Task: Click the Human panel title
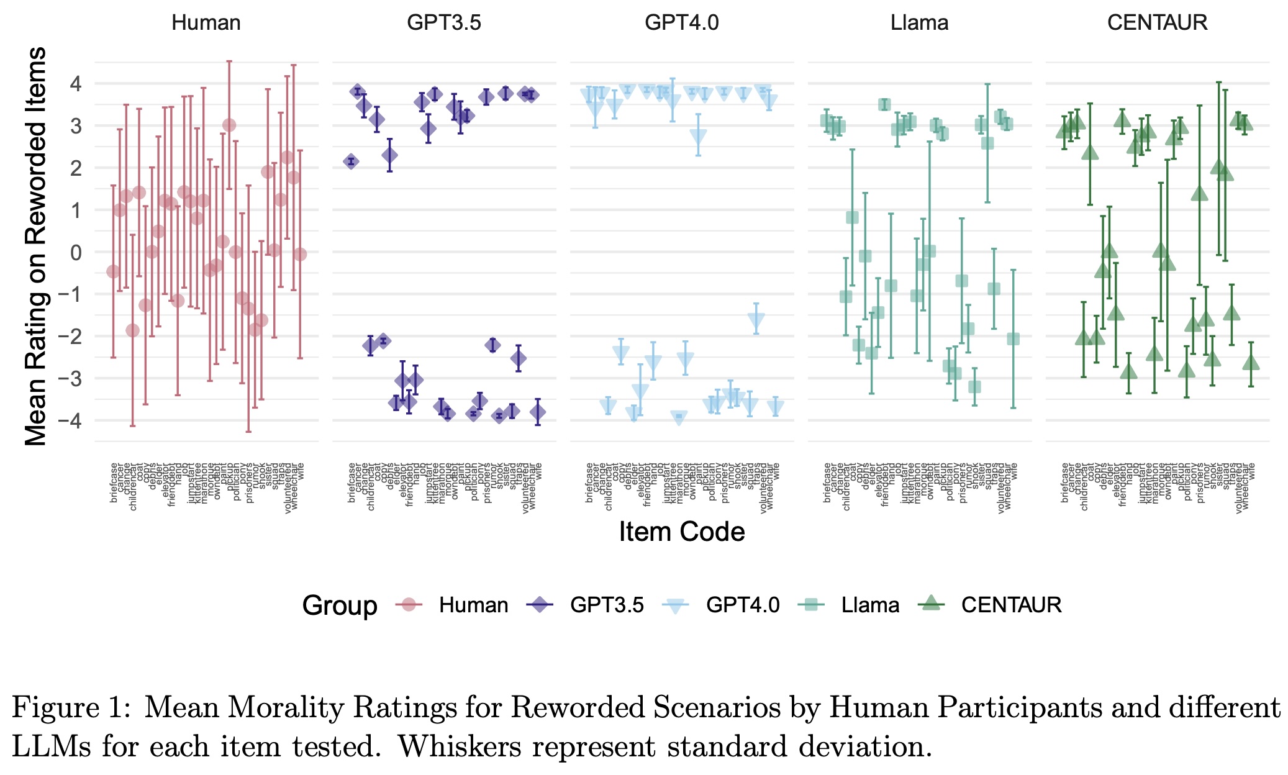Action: (206, 23)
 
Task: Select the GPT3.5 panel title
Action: (443, 23)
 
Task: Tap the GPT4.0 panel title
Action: (681, 23)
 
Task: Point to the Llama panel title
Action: (919, 23)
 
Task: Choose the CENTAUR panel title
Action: (1157, 23)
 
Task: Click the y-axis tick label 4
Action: (76, 84)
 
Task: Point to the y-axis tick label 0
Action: (76, 252)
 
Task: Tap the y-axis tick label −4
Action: (70, 421)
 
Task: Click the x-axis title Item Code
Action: (681, 532)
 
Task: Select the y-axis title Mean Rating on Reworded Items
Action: (36, 247)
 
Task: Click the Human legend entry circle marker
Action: (409, 605)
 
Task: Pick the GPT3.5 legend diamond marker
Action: (540, 605)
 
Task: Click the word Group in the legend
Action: (340, 605)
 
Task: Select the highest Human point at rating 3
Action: (229, 125)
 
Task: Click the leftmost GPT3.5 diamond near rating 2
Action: (351, 161)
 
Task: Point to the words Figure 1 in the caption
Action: (71, 708)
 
